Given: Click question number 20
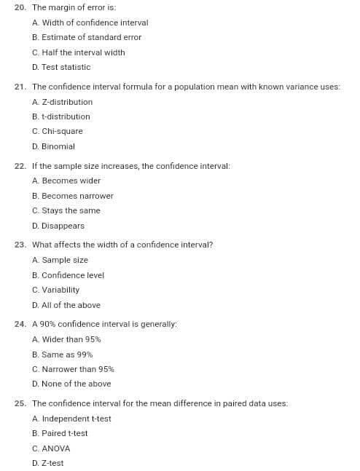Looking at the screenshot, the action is [20, 7].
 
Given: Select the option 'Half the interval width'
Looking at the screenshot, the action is [79, 52].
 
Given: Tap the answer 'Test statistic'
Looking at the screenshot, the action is [61, 67].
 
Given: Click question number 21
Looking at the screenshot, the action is [20, 87].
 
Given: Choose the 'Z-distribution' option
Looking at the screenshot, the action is [63, 102].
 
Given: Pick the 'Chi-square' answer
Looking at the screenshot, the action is [58, 131].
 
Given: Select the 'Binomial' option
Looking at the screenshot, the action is [54, 146].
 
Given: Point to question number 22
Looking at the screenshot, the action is [20, 166].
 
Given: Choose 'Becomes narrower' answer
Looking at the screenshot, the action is [73, 196].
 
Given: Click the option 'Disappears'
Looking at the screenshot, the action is [58, 226].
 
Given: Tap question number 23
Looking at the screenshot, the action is [20, 245].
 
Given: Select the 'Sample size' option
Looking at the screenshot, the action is [60, 260].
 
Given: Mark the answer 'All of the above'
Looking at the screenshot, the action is [66, 305].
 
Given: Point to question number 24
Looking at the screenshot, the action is [20, 324].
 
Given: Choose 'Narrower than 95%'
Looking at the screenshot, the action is [73, 369].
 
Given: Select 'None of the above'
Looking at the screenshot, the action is [71, 384].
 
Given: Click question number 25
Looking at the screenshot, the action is [20, 403].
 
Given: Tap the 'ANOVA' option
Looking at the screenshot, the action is [51, 448].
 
